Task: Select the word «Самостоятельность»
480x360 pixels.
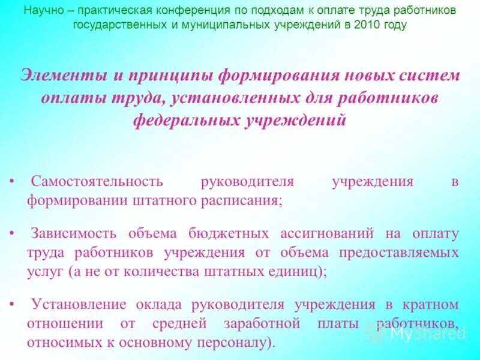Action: click(x=97, y=182)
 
